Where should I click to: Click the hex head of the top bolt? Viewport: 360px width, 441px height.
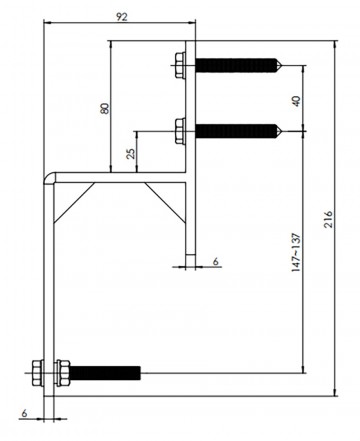tap(178, 67)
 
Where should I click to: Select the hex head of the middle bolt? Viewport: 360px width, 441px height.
tap(178, 129)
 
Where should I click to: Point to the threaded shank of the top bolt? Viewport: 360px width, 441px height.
tap(236, 67)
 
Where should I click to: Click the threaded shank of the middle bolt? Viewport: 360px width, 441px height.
tap(236, 129)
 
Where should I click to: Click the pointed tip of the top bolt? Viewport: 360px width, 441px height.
tap(283, 67)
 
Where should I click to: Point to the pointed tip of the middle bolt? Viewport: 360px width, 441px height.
tap(283, 129)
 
